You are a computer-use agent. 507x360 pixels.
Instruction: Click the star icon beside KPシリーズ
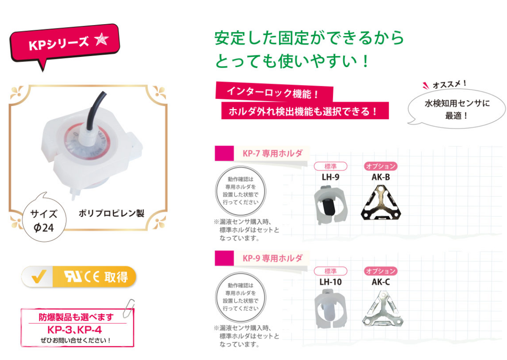102,40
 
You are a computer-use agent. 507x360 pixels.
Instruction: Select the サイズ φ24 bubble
44,220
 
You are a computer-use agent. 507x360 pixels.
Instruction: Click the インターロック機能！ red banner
273,92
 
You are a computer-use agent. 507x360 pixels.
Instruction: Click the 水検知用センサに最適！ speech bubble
457,109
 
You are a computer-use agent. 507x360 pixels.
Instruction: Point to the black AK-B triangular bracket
381,204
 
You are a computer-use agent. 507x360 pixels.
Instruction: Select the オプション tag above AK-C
381,271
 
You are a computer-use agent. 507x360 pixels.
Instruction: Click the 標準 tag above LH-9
330,166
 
